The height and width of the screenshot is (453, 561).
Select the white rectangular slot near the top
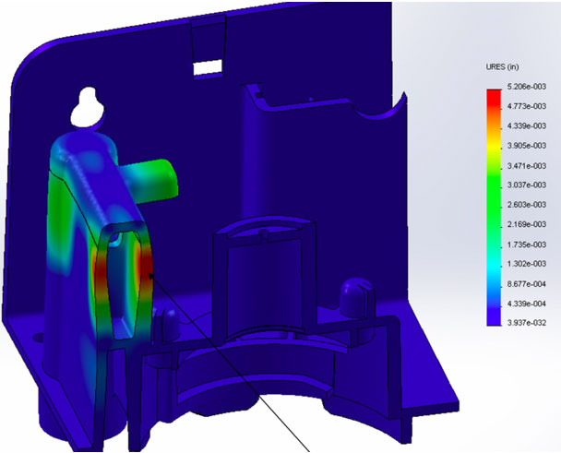click(x=206, y=67)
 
